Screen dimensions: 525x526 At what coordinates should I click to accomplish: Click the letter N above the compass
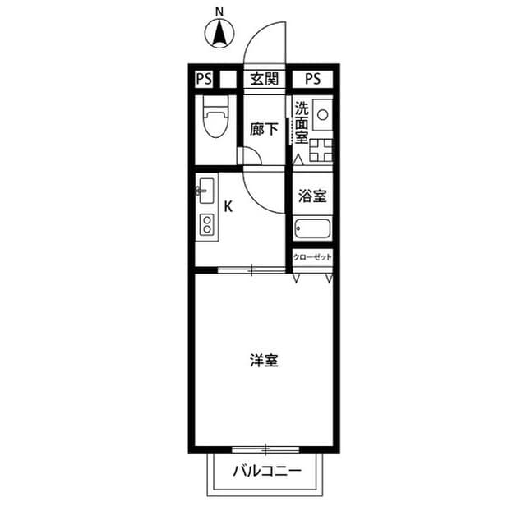(x=219, y=12)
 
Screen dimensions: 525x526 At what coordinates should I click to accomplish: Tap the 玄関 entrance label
(x=264, y=79)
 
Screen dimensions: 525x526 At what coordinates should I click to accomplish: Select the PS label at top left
(x=203, y=79)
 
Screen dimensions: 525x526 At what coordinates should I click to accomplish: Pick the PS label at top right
(x=313, y=79)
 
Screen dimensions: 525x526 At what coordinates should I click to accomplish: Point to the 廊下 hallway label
(x=263, y=128)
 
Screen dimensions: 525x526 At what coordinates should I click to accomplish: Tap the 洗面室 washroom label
(x=302, y=122)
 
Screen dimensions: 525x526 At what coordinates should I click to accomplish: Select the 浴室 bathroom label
(x=312, y=196)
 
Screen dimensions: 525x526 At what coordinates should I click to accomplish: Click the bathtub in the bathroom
(x=312, y=229)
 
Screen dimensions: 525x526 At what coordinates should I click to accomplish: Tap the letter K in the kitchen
(x=228, y=206)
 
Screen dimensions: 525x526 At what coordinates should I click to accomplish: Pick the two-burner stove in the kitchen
(x=206, y=223)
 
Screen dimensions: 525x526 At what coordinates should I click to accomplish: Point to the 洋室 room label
(x=263, y=360)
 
